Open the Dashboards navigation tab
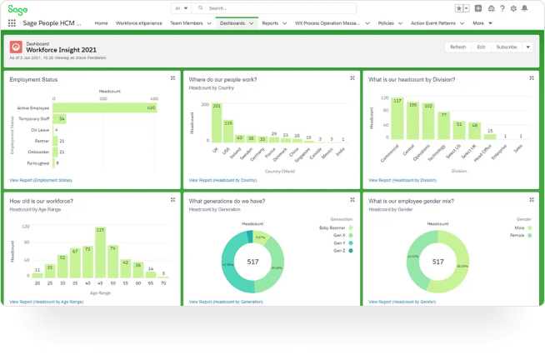(x=232, y=23)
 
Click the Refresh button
(x=457, y=47)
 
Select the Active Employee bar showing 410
(x=107, y=107)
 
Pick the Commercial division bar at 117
(x=397, y=120)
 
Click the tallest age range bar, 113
(x=100, y=252)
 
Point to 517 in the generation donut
(x=252, y=262)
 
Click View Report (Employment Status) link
(x=40, y=180)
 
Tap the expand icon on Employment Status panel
(x=172, y=77)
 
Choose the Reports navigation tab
(x=270, y=23)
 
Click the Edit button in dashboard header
(x=481, y=47)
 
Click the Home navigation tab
(x=101, y=23)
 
